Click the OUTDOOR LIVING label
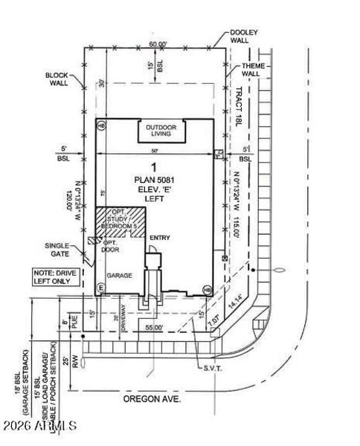[161, 131]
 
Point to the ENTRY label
[160, 238]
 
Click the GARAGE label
[119, 275]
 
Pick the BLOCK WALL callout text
[57, 80]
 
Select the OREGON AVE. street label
[153, 399]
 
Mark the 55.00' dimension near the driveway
[153, 327]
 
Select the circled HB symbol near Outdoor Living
[101, 126]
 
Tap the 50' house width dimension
[154, 151]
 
